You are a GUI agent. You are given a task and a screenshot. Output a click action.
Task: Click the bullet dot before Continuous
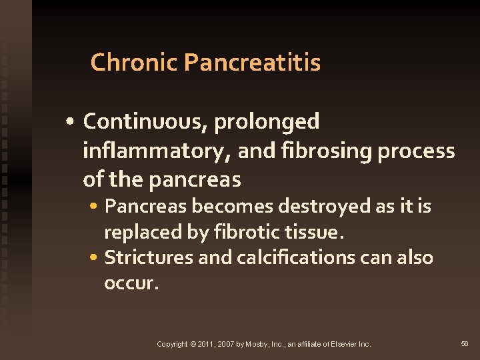[71, 123]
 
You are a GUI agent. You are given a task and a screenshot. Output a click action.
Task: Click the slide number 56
[465, 343]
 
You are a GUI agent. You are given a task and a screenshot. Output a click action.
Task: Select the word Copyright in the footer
[172, 344]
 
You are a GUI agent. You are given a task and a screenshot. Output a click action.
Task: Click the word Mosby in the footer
[256, 344]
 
